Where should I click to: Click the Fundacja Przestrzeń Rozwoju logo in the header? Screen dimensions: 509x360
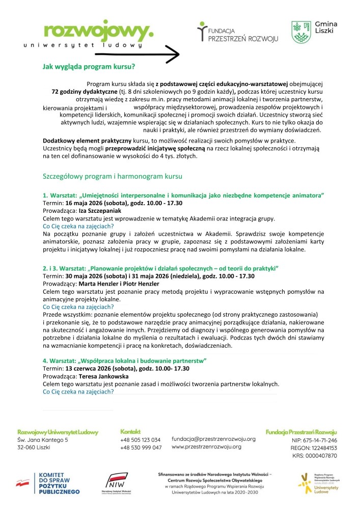[x=234, y=32]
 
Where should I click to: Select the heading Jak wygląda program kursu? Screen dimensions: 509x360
[x=89, y=66]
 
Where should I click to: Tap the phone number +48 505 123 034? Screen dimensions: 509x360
[x=141, y=439]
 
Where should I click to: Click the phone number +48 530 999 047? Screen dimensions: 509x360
[x=141, y=447]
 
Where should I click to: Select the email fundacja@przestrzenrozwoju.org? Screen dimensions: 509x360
[x=213, y=439]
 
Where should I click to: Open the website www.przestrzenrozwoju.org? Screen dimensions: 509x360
[x=206, y=447]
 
